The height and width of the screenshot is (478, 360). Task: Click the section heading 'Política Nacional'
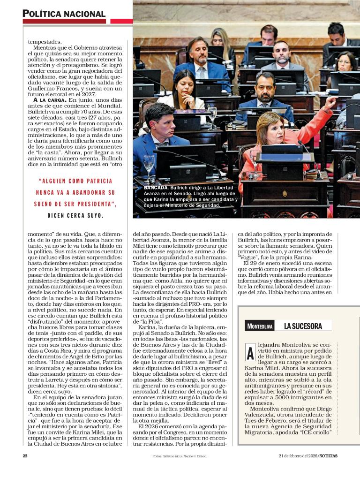pos(64,14)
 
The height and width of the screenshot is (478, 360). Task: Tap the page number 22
pos(25,456)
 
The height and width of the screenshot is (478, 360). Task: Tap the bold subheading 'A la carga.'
pos(50,100)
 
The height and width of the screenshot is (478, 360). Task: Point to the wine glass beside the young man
pos(149,163)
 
